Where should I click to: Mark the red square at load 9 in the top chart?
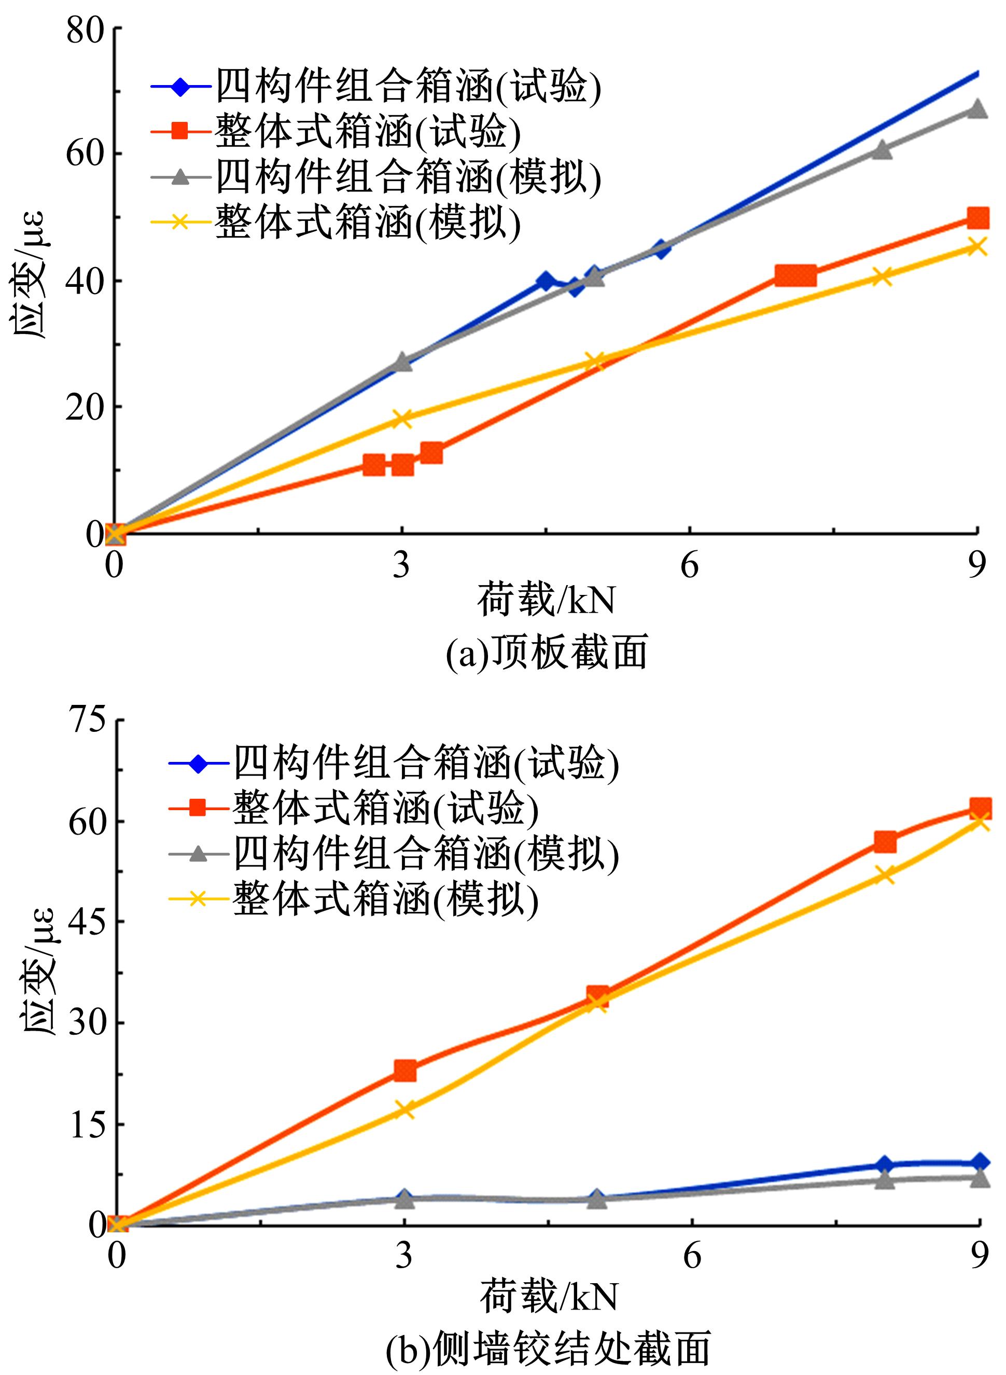pos(977,218)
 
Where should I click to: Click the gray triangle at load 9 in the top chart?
pos(977,109)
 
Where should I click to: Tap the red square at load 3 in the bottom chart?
pos(405,1070)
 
